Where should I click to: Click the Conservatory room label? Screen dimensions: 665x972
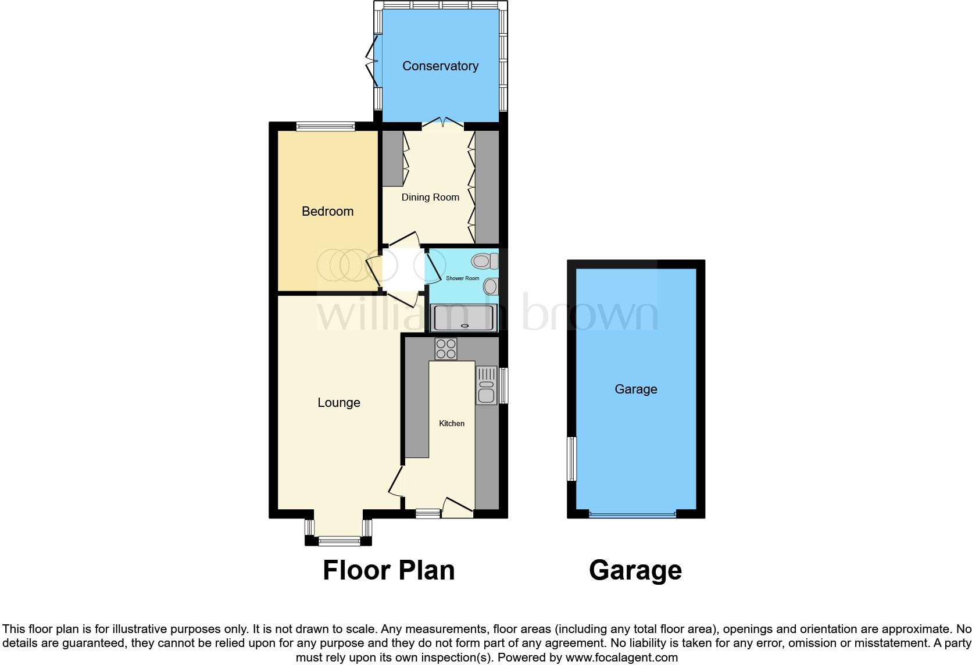coord(440,66)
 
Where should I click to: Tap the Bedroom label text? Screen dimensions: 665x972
coord(327,212)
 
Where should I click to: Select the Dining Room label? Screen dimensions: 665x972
coord(430,198)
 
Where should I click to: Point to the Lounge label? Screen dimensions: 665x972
coord(338,403)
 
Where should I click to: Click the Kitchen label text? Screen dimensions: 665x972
coord(451,424)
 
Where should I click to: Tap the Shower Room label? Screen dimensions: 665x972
coord(462,278)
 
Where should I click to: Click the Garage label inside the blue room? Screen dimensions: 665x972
coord(635,389)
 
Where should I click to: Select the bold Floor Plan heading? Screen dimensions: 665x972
coord(388,570)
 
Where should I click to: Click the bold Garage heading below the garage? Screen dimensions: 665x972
coord(635,570)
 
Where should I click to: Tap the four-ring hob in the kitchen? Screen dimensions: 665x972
coord(446,349)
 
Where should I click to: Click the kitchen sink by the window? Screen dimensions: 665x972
coord(486,385)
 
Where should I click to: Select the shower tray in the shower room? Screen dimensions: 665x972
coord(463,318)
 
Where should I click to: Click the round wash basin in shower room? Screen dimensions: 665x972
coord(491,286)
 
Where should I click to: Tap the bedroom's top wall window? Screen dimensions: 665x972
coord(325,126)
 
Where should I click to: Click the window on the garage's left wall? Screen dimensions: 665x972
coord(572,459)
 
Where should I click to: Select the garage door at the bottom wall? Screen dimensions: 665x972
coord(632,514)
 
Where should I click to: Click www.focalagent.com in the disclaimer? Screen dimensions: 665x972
coord(622,658)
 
